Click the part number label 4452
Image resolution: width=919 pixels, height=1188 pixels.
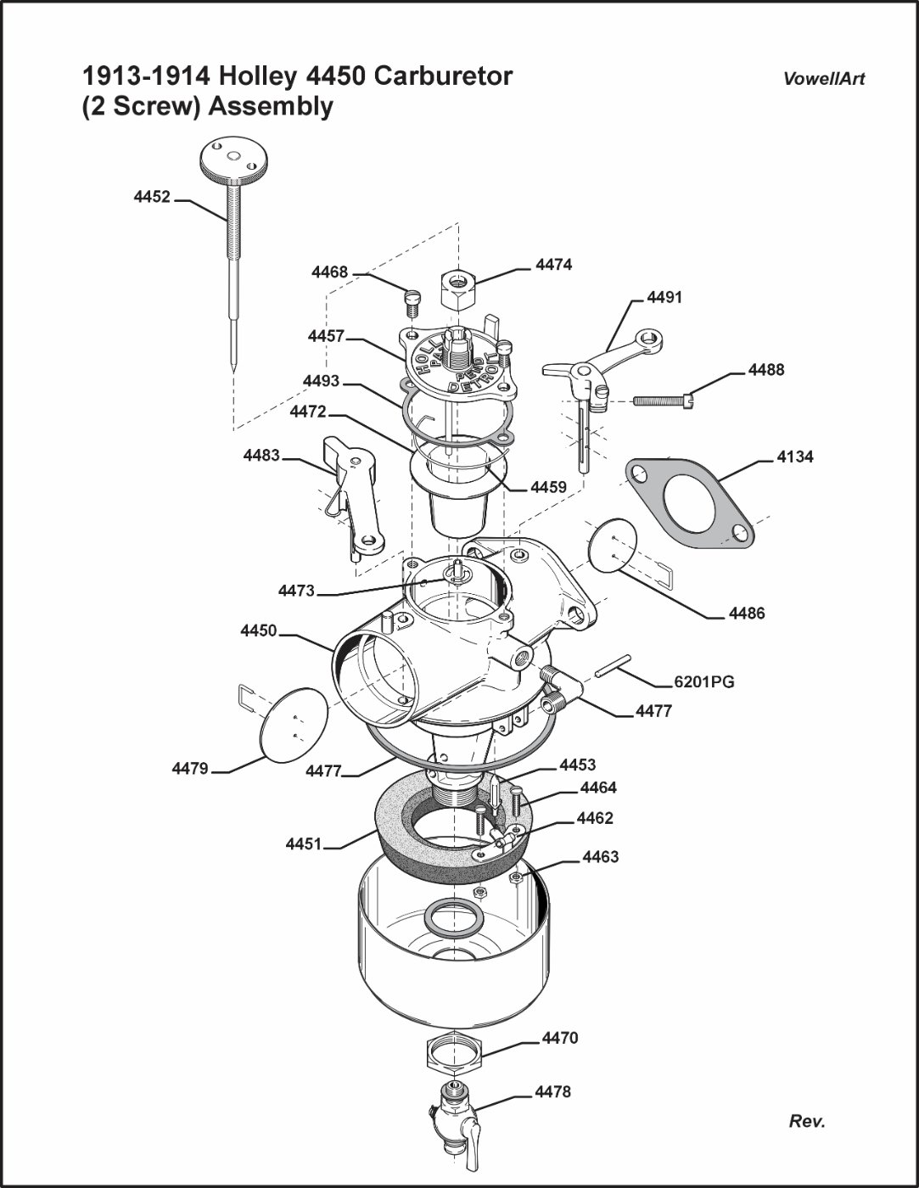152,197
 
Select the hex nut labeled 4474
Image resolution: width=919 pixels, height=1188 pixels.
458,291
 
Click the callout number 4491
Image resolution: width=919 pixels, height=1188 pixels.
664,298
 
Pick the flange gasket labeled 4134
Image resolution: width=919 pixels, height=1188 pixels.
690,502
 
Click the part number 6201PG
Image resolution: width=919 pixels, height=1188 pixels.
703,681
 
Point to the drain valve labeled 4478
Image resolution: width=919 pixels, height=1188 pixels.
457,1117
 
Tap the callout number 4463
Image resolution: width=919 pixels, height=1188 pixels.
600,857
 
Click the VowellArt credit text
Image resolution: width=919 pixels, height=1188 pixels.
824,79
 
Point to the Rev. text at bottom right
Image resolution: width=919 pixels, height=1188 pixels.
806,1121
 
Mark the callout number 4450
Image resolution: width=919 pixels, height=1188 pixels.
259,630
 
